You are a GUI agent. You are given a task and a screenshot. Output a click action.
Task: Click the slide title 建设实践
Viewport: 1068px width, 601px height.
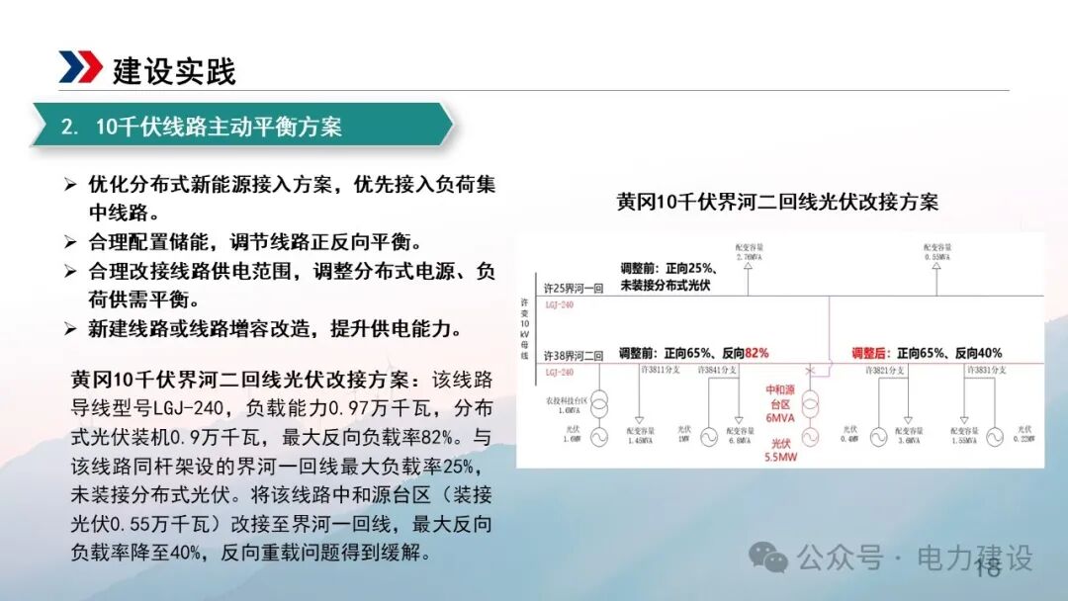(174, 71)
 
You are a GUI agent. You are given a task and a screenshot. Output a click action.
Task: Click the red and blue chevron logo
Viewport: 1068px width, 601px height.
(80, 67)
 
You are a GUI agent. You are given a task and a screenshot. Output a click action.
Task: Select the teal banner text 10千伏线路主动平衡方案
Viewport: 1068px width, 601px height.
(219, 127)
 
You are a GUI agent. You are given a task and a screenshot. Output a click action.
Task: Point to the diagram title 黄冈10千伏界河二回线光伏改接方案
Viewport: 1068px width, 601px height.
(777, 203)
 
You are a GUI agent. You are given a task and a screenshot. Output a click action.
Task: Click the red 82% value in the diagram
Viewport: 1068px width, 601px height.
(756, 353)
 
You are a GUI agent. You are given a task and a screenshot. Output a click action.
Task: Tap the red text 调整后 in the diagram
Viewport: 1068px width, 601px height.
(872, 353)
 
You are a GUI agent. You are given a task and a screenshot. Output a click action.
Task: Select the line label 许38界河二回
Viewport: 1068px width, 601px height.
(574, 355)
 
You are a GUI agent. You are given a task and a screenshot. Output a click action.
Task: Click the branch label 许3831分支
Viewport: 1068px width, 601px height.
(984, 370)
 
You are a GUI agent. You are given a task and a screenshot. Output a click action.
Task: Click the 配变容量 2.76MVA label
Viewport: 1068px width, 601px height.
(749, 251)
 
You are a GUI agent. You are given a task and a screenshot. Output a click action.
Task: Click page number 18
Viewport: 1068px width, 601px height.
(988, 567)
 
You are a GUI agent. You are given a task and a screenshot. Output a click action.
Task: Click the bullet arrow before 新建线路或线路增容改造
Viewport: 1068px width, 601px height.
(70, 328)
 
